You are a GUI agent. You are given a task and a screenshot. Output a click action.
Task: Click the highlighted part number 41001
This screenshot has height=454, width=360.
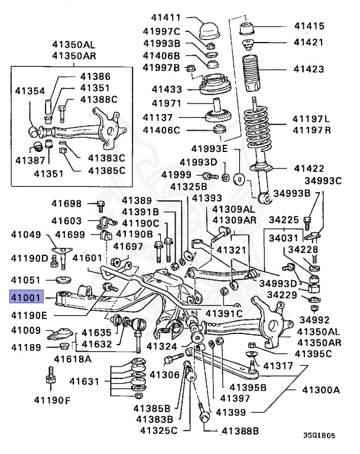[x=27, y=297]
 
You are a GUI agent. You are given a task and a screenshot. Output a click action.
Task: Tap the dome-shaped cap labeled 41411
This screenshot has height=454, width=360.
[x=209, y=30]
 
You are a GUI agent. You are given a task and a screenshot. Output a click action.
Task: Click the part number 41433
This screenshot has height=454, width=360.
[x=167, y=89]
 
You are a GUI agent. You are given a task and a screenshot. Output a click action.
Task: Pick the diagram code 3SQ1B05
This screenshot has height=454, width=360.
[x=319, y=435]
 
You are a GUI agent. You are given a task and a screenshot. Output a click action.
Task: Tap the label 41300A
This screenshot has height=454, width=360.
[x=321, y=390]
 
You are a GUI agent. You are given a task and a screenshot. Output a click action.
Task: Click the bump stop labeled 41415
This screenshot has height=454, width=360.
[x=247, y=28]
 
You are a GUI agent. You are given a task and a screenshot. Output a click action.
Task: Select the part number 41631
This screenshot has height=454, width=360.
[x=84, y=381]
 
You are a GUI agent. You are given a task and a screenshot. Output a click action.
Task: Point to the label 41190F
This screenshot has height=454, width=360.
[x=52, y=400]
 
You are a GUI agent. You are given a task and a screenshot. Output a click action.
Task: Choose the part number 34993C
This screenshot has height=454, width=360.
[x=323, y=181]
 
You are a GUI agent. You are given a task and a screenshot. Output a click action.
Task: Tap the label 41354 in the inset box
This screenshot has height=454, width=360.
[x=30, y=90]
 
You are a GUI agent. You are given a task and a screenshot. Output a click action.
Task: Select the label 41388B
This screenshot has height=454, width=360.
[x=240, y=431]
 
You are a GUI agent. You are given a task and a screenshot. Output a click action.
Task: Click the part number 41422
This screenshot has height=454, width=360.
[x=309, y=168]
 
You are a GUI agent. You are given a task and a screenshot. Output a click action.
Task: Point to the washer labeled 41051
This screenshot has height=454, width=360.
[x=63, y=280]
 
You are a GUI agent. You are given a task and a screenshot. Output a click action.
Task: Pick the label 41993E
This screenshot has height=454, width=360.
[x=209, y=149]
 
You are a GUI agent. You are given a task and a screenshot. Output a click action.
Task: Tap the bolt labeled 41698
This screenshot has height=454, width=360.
[x=100, y=206]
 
